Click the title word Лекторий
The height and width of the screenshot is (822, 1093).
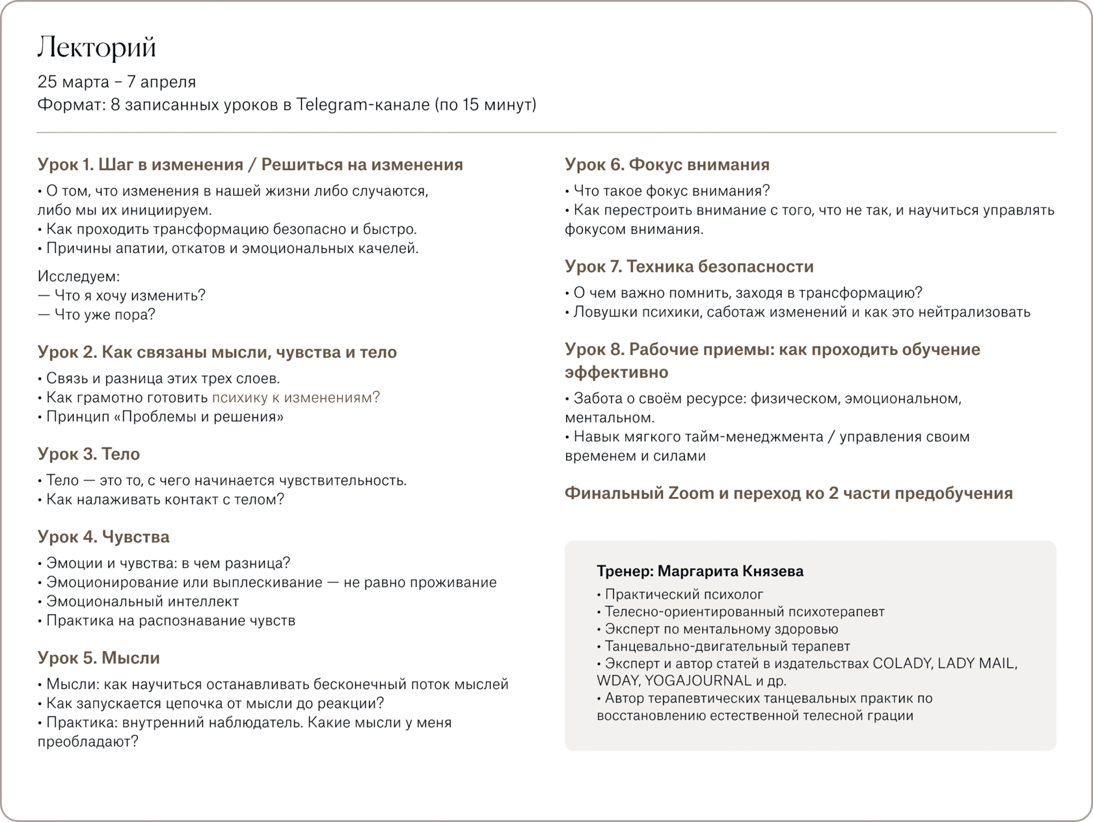tap(97, 47)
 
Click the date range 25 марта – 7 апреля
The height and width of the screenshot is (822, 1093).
tap(116, 82)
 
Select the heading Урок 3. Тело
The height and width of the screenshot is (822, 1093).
tap(88, 454)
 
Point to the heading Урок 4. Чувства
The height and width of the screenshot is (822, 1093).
tap(103, 537)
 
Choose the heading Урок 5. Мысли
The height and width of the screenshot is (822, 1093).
tap(98, 657)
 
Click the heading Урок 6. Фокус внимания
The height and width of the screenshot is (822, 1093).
tap(667, 165)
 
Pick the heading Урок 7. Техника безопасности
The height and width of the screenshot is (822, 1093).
tap(689, 267)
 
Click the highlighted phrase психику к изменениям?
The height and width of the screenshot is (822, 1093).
tap(296, 397)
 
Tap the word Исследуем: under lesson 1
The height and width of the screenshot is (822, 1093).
tap(79, 276)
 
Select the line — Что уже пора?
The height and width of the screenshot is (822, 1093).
tap(96, 315)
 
